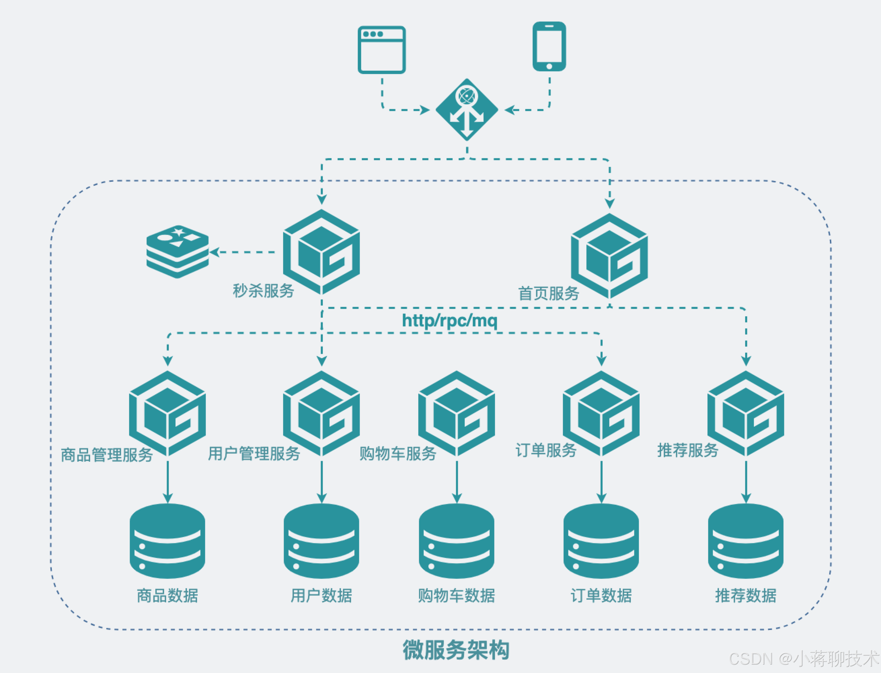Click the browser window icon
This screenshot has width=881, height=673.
click(x=381, y=50)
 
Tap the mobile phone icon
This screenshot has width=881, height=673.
click(x=549, y=46)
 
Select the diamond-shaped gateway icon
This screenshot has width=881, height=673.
click(x=467, y=109)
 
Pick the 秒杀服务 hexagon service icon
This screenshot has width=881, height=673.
click(x=321, y=252)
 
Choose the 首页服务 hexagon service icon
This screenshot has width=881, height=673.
click(x=609, y=256)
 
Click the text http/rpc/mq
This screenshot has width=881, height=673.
click(x=450, y=320)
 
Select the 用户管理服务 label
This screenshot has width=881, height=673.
click(x=254, y=454)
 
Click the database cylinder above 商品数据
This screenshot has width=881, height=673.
click(x=167, y=541)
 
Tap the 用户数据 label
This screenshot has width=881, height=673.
click(x=321, y=596)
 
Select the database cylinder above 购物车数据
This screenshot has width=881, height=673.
click(x=457, y=541)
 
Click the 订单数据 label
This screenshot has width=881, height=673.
click(x=601, y=596)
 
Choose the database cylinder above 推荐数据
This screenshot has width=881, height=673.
click(x=746, y=541)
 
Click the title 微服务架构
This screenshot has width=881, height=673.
click(x=456, y=650)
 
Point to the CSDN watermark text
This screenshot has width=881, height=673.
click(x=804, y=658)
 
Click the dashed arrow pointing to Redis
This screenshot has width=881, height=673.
click(x=242, y=252)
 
